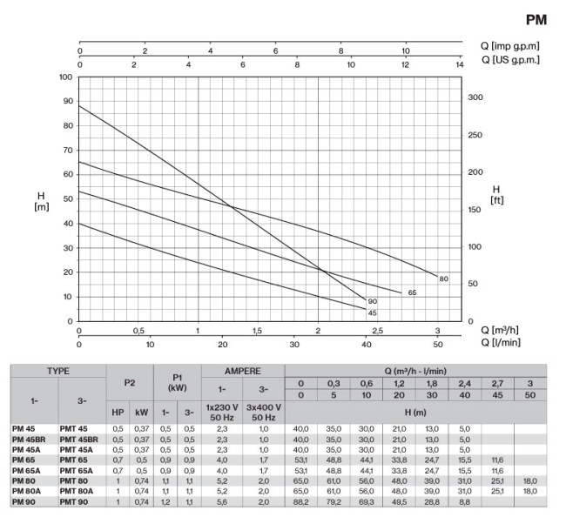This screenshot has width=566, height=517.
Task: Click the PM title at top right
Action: (x=536, y=20)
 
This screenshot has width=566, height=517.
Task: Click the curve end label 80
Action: (x=443, y=279)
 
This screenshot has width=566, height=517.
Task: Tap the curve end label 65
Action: (x=412, y=292)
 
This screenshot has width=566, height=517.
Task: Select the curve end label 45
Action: (x=372, y=312)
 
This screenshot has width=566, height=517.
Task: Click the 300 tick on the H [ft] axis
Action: (x=475, y=98)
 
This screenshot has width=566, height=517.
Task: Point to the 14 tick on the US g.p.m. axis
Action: (x=461, y=65)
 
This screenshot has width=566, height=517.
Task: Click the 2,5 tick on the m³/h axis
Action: (x=377, y=332)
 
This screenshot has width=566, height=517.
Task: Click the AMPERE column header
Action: (x=242, y=370)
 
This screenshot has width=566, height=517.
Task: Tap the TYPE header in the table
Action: (x=58, y=370)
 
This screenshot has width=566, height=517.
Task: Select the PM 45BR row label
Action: (x=30, y=440)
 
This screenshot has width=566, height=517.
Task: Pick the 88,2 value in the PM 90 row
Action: (x=300, y=503)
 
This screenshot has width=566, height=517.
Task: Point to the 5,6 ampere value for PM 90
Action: (x=222, y=503)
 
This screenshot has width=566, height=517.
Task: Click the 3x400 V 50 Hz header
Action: (x=264, y=411)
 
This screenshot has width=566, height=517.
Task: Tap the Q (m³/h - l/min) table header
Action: (x=414, y=370)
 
